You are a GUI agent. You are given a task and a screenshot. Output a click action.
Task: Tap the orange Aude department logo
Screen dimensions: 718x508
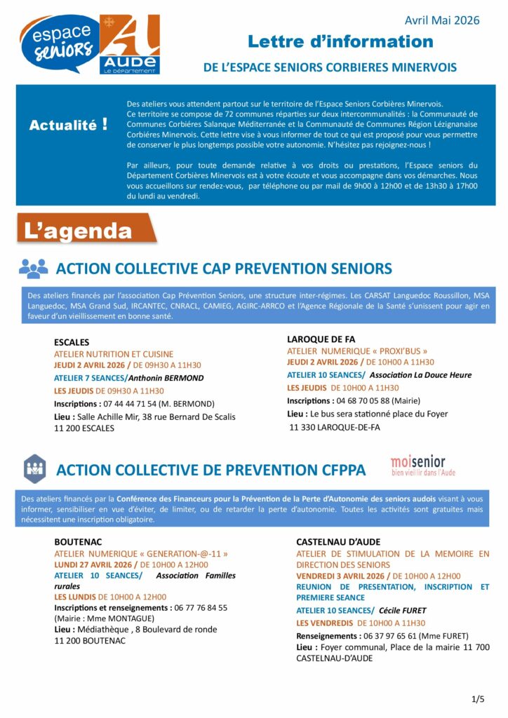pyautogui.click(x=130, y=44)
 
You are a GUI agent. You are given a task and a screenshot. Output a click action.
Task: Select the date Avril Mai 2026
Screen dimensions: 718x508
pyautogui.click(x=442, y=20)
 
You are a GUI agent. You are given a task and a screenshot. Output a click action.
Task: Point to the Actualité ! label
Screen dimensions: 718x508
pyautogui.click(x=68, y=126)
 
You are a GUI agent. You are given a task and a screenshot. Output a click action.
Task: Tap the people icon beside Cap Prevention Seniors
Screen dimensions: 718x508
pyautogui.click(x=34, y=268)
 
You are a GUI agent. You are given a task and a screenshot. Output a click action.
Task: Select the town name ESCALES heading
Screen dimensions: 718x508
pyautogui.click(x=72, y=342)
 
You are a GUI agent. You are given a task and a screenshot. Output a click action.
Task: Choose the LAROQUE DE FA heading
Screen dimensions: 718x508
pyautogui.click(x=321, y=339)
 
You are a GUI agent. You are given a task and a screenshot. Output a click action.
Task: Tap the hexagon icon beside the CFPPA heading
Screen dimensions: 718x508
pyautogui.click(x=34, y=468)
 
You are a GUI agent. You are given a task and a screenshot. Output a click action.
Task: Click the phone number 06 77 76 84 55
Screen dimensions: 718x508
pyautogui.click(x=201, y=608)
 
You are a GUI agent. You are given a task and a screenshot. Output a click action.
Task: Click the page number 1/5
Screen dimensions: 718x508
pyautogui.click(x=478, y=698)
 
